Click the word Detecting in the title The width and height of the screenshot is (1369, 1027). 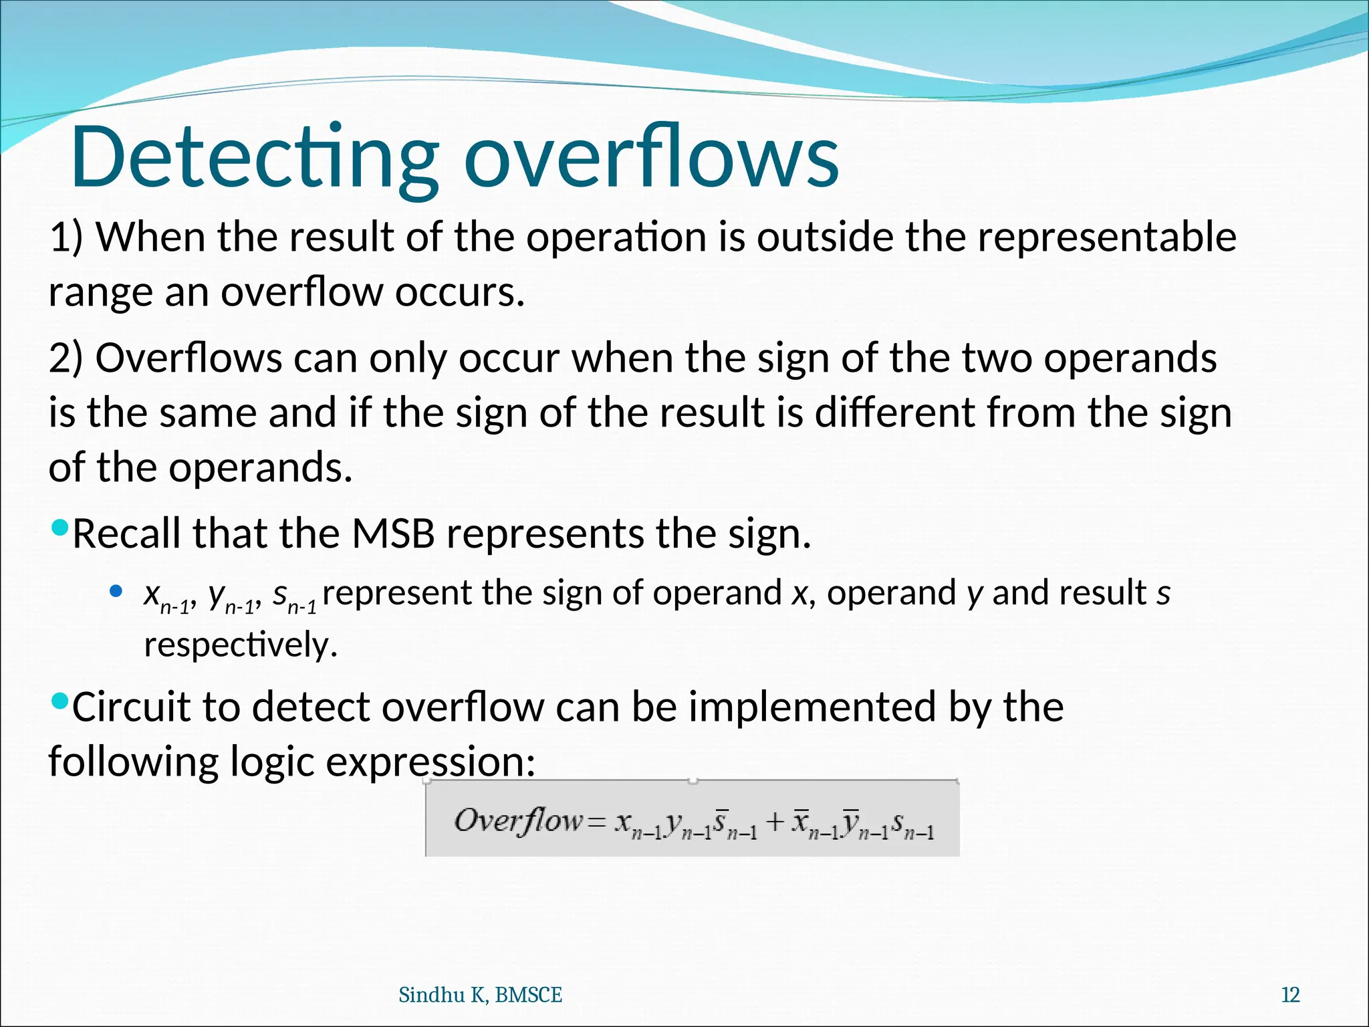click(254, 158)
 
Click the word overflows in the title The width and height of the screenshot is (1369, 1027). click(652, 158)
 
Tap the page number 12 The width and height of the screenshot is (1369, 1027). click(1289, 995)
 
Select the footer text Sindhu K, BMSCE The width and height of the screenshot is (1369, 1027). click(480, 995)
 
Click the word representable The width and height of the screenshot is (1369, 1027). click(1107, 237)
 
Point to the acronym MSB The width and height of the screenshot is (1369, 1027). click(393, 534)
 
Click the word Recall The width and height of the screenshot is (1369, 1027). click(126, 534)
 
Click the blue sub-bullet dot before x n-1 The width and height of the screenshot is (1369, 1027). click(116, 591)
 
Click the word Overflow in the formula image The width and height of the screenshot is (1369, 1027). click(519, 820)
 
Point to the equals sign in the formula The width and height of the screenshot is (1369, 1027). click(596, 822)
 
